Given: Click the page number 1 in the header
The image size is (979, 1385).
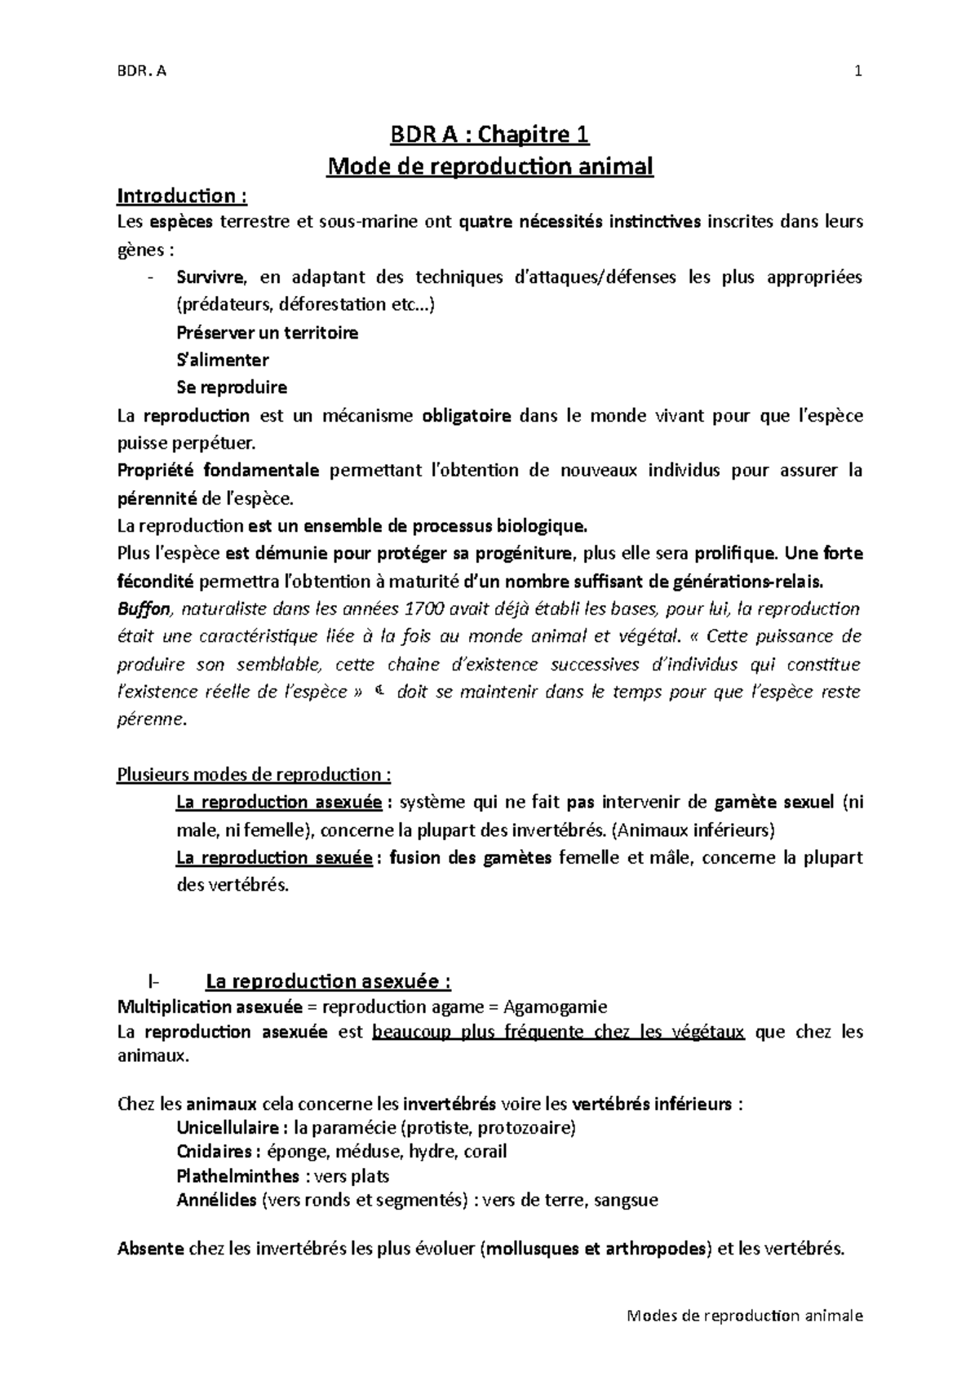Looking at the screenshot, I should pos(857,71).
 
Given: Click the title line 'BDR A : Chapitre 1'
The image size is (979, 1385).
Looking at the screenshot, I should pos(489,134).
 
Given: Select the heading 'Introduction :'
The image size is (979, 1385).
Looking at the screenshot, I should pos(181,196).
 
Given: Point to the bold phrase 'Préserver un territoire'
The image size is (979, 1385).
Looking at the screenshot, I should pos(268,333).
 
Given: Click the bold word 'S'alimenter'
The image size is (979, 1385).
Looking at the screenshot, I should pos(223,360).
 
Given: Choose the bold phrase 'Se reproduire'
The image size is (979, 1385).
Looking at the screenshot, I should pos(232,387).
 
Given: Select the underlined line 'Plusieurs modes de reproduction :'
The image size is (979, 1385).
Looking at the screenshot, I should pos(255,774).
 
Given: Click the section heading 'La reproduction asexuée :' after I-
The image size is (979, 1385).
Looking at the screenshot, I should pos(329,980).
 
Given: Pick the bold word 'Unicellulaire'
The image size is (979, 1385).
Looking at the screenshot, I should pos(229,1128).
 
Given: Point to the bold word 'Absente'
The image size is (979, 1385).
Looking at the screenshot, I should pos(151,1249).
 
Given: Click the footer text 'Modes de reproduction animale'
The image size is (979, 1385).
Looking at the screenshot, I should pos(745,1316).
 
